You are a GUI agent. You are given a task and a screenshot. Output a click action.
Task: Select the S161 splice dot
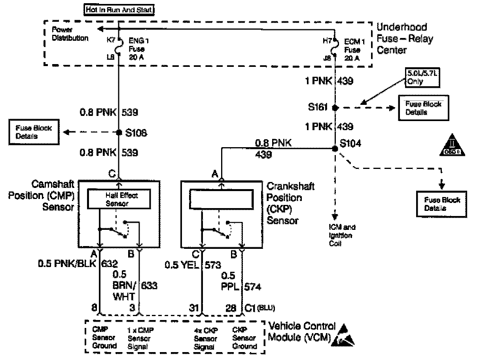pos(335,108)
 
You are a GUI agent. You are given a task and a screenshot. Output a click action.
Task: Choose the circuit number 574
pos(253,287)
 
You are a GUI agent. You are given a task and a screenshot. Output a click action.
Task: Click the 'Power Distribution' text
pos(70,35)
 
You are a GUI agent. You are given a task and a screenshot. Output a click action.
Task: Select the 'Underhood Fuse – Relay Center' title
pos(404,39)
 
